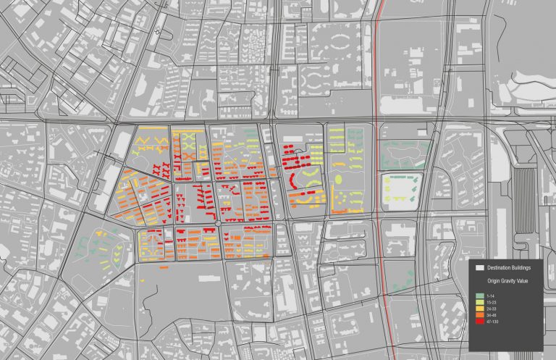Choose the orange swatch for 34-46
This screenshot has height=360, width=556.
click(x=480, y=315)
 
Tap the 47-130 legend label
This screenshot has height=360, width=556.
click(x=493, y=321)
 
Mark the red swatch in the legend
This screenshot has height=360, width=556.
click(x=480, y=321)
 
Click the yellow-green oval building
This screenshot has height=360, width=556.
click(x=339, y=178)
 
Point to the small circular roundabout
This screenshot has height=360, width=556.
click(x=217, y=224)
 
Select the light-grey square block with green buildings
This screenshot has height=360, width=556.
click(x=401, y=189)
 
